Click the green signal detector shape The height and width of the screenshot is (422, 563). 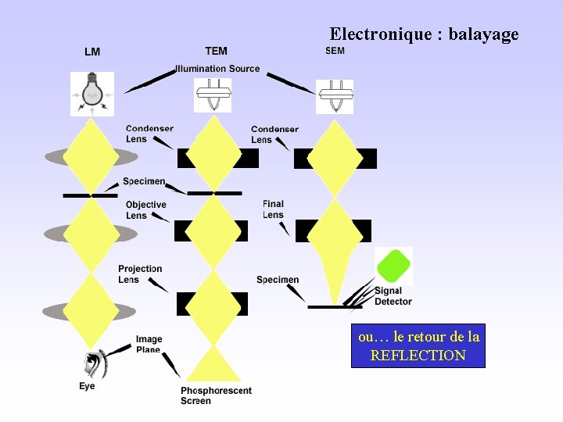393,266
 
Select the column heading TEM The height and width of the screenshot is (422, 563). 217,52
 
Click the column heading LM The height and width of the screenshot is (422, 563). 92,52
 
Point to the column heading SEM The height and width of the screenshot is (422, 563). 335,51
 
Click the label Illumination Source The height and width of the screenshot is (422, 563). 217,69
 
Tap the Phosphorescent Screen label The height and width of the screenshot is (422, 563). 216,395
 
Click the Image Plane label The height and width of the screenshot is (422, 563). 149,345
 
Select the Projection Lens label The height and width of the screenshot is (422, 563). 140,274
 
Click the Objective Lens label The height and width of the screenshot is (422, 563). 145,210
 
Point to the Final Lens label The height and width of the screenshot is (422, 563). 273,209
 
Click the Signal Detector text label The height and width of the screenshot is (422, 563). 393,296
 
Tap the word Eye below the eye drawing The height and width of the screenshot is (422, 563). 87,386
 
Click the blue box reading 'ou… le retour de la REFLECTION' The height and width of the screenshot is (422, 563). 418,346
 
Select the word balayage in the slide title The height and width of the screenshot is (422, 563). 483,34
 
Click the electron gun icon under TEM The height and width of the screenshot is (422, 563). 213,95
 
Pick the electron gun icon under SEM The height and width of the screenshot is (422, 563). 335,96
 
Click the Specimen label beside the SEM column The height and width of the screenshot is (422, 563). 278,280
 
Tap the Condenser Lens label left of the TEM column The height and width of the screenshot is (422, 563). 149,134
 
